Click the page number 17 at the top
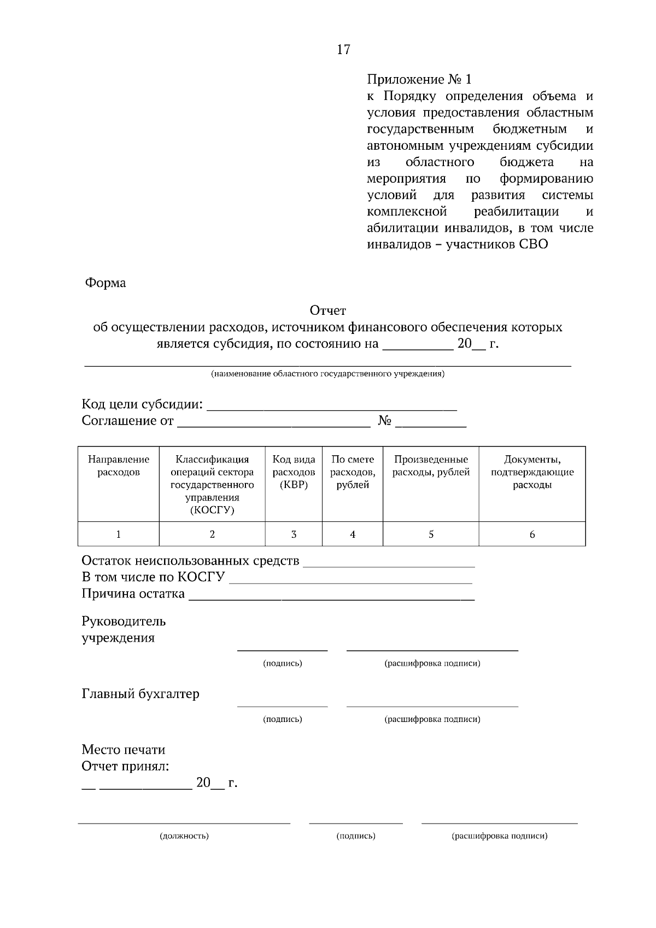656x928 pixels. point(343,50)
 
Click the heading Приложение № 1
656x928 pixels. point(419,79)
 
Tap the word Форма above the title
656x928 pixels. point(105,283)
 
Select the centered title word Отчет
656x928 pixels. point(328,310)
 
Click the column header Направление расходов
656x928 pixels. point(119,466)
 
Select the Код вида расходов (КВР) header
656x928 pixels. point(294,472)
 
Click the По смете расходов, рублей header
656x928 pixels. point(353,472)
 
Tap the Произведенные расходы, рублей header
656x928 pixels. point(431,466)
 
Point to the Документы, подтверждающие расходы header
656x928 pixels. point(532,472)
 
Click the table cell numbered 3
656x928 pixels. point(294,535)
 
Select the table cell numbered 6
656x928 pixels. point(532,535)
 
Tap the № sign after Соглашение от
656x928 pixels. point(385,421)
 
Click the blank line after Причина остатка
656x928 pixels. point(331,598)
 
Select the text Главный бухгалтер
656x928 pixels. point(140,694)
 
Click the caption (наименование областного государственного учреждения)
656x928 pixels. point(328,374)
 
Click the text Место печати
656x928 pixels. point(124,750)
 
